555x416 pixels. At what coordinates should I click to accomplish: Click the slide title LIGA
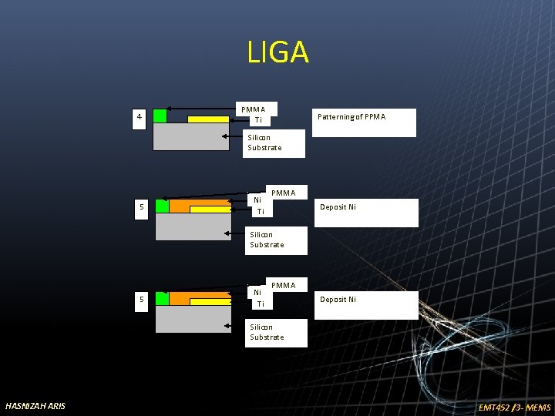click(277, 52)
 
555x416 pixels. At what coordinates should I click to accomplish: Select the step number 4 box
click(139, 117)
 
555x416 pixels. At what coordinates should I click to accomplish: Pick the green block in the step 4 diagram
click(160, 116)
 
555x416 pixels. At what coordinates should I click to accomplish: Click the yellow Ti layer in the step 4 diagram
click(208, 119)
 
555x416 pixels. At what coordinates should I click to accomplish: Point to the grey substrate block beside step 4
click(191, 136)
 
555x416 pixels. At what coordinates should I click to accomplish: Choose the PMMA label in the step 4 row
click(253, 109)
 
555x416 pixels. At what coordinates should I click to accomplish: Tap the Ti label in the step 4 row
click(258, 120)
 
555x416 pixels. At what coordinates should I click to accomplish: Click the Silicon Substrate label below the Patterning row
click(264, 143)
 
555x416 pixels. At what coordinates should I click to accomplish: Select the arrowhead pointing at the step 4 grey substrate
click(226, 136)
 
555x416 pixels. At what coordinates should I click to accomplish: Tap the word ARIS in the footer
click(57, 406)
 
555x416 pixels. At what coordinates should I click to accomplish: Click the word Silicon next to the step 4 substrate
click(259, 138)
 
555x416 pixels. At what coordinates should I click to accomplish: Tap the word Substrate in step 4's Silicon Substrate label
click(264, 148)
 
